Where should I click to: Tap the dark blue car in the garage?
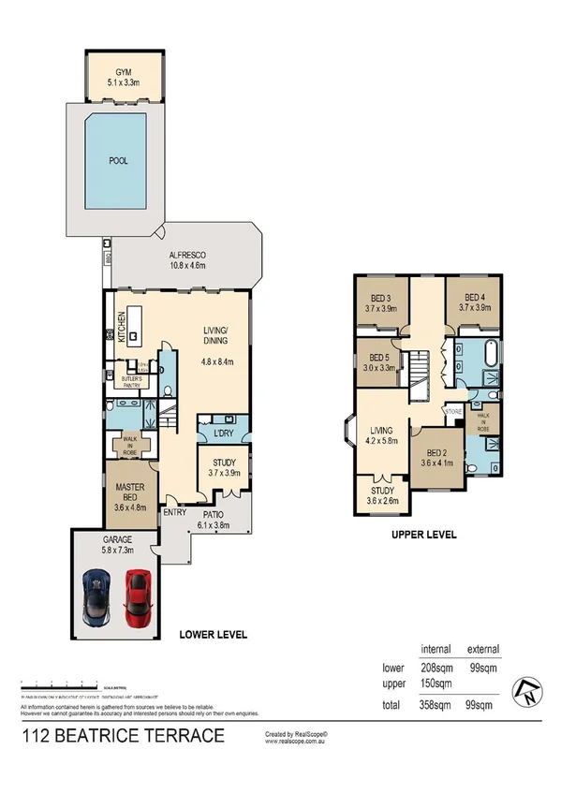(x=97, y=596)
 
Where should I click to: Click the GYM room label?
(x=124, y=71)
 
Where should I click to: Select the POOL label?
(x=118, y=160)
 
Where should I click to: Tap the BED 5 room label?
(x=379, y=358)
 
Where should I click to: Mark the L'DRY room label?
(x=222, y=434)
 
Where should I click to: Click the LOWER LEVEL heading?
(x=213, y=634)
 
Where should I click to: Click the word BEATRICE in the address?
(x=116, y=736)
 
